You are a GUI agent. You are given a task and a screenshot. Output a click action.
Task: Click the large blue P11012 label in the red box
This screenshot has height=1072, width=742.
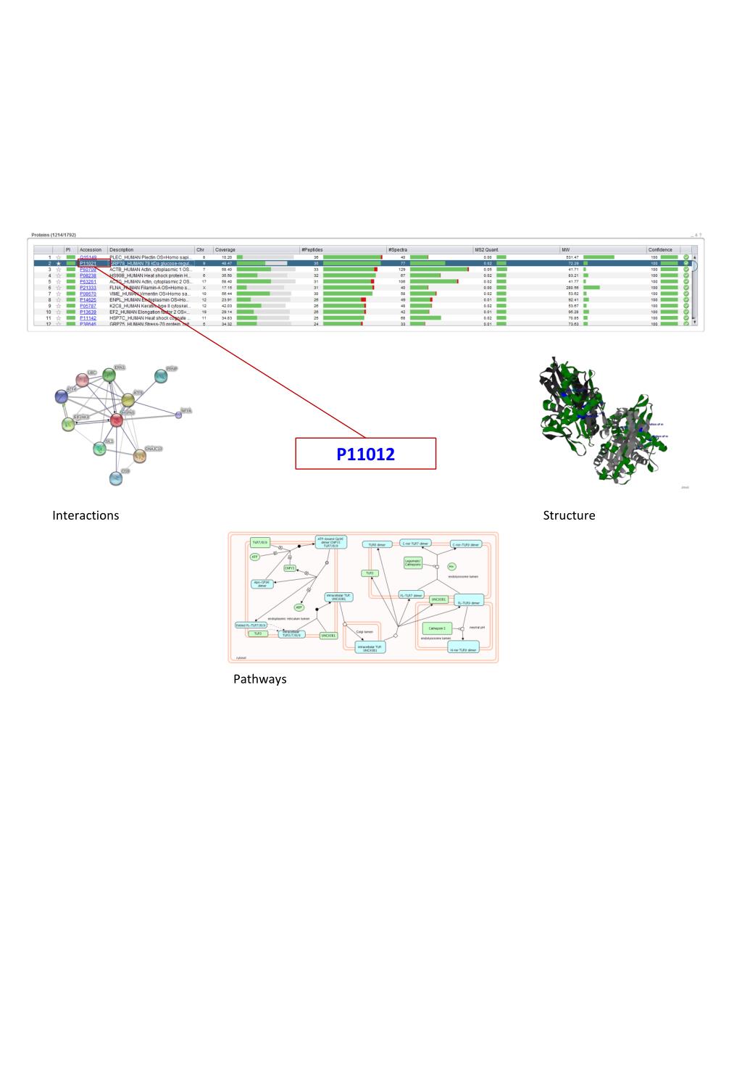point(365,454)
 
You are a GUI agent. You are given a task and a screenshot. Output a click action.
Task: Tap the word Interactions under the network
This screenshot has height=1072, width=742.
point(86,515)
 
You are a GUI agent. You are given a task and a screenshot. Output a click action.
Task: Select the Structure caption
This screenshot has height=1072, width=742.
point(569,515)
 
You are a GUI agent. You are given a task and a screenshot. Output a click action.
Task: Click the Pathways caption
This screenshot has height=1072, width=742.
point(259,679)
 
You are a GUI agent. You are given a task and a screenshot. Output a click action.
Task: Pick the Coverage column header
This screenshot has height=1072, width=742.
point(225,249)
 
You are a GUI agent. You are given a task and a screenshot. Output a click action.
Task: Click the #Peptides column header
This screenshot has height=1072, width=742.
point(312,249)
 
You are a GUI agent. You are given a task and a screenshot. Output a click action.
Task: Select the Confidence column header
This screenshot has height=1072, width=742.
point(660,249)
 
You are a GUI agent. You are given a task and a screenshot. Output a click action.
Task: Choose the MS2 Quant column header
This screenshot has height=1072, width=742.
point(486,249)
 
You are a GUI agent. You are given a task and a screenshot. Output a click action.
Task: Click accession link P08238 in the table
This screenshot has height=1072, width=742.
point(88,275)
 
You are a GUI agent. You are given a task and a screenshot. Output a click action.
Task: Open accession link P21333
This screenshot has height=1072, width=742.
point(88,288)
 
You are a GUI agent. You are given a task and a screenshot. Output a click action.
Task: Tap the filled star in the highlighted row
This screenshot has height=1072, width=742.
point(59,263)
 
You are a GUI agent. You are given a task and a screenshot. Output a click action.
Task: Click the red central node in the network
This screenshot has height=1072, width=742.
point(116,420)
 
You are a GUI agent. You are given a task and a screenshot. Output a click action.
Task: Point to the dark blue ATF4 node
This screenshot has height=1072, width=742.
point(62,396)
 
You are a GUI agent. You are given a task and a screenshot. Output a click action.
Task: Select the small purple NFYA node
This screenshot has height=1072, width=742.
point(178,414)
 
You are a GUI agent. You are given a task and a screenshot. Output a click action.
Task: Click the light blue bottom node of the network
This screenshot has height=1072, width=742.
point(116,478)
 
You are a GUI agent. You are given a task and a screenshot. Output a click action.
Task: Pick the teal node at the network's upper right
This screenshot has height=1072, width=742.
point(160,375)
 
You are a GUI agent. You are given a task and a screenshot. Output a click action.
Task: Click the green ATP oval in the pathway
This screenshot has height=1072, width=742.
point(255,557)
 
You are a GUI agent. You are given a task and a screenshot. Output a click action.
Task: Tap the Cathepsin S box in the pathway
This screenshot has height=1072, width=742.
point(437,628)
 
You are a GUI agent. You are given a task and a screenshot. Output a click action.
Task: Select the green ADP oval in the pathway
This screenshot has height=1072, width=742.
point(299,607)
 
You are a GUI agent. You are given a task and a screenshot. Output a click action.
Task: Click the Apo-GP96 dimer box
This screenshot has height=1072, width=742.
point(262,583)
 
